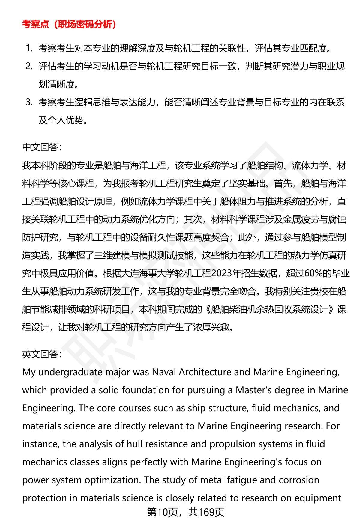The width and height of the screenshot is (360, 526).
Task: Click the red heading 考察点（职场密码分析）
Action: [69, 25]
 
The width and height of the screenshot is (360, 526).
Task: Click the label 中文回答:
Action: [42, 147]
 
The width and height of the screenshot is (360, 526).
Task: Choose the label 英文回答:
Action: [42, 354]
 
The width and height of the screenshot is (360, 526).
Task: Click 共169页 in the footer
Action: [206, 512]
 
